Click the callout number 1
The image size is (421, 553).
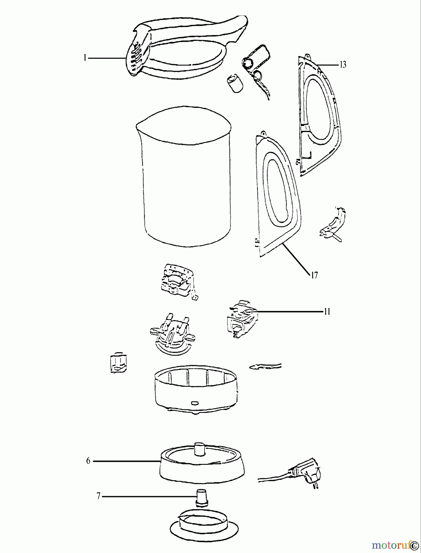(x=85, y=58)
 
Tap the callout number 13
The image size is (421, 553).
(x=343, y=65)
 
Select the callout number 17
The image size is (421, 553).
(x=314, y=275)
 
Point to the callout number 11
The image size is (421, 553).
(x=327, y=312)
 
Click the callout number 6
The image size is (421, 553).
(x=88, y=461)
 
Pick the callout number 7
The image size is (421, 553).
(x=98, y=496)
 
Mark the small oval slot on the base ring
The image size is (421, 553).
(x=195, y=402)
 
